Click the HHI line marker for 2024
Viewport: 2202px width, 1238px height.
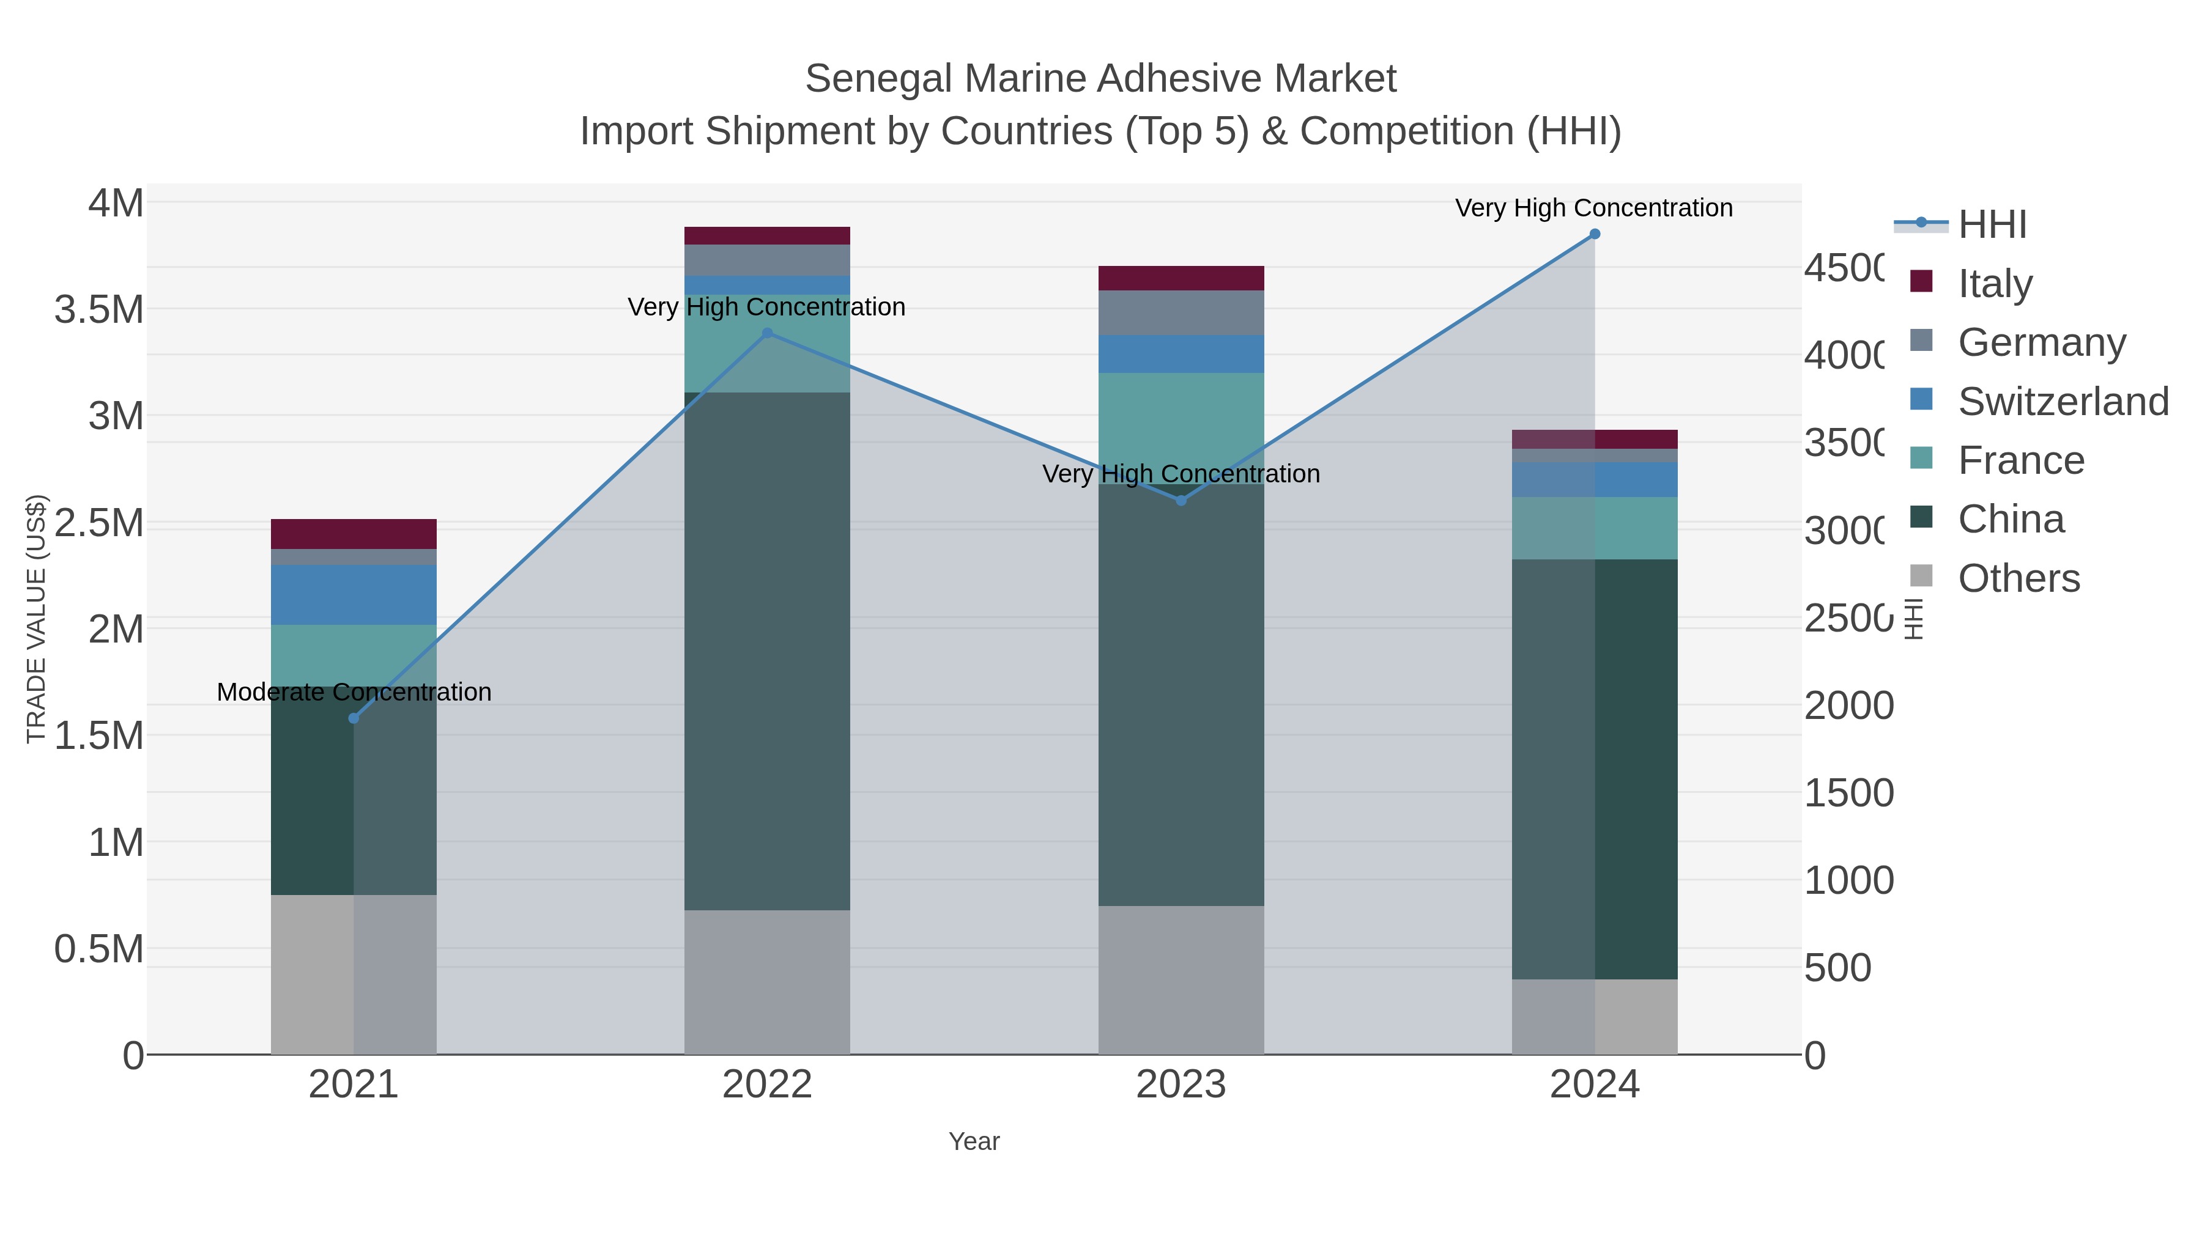click(1594, 234)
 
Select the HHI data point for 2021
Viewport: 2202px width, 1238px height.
click(354, 718)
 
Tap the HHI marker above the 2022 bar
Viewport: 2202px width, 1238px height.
click(767, 333)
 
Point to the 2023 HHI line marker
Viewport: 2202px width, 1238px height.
click(1181, 501)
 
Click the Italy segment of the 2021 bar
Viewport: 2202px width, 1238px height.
click(354, 534)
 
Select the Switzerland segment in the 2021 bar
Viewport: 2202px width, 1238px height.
click(354, 595)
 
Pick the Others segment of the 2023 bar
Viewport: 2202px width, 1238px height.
click(1181, 980)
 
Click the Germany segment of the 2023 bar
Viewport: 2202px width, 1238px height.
click(1181, 312)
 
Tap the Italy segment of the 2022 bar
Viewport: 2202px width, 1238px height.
click(767, 236)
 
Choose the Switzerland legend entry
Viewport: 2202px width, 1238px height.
click(2063, 402)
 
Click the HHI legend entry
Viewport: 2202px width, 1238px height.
click(1992, 225)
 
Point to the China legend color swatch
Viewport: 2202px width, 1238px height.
click(1921, 517)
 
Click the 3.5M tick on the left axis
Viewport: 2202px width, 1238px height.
click(99, 309)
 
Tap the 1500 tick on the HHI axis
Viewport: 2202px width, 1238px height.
click(1848, 793)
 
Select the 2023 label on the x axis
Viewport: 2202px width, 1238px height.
click(1181, 1085)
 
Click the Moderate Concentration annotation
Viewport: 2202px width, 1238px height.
click(354, 692)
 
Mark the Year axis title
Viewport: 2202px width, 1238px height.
click(974, 1141)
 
